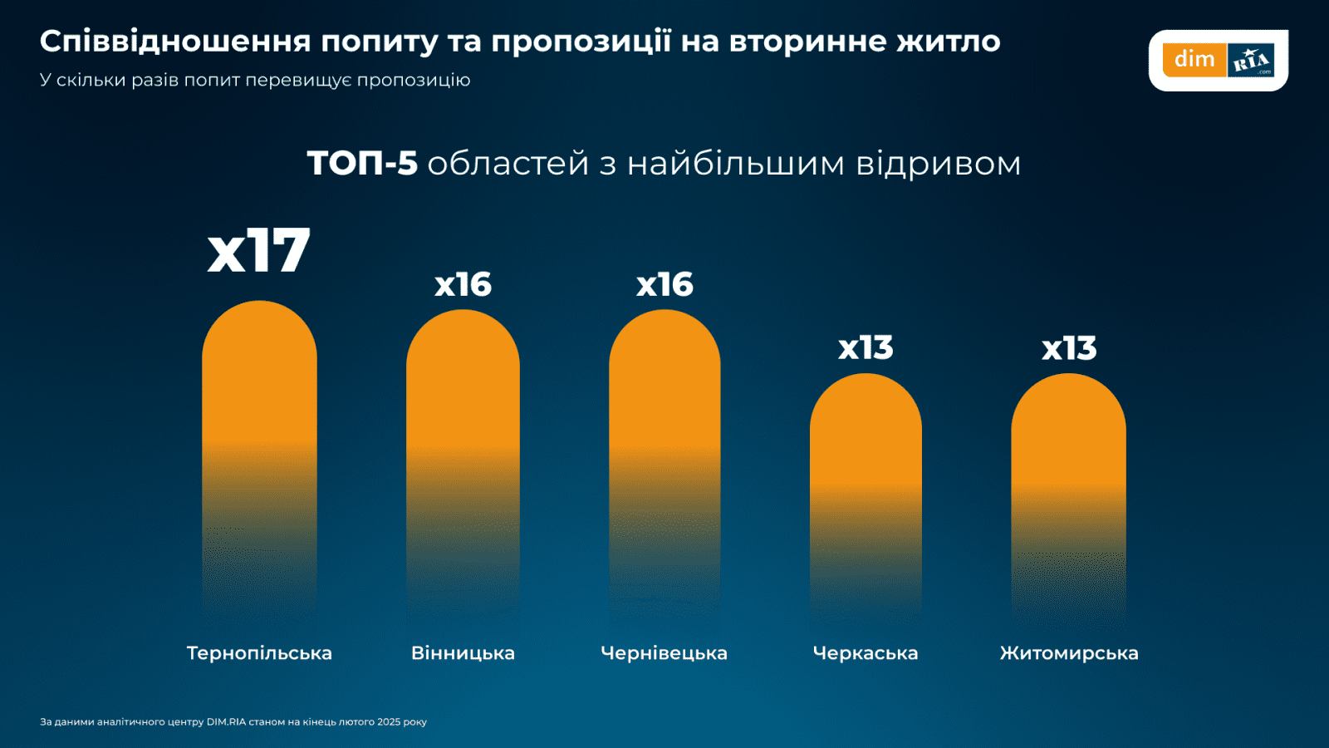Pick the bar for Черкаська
(866, 449)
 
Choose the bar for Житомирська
(1068, 449)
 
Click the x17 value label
(258, 251)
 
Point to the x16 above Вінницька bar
(463, 285)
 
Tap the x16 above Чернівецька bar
(664, 285)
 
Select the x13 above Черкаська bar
(866, 348)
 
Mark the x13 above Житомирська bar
(1069, 349)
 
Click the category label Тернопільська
(259, 653)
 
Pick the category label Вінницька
(463, 653)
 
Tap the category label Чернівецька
(664, 653)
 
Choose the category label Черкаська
(866, 653)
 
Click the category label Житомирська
(1069, 653)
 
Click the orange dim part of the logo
(1194, 60)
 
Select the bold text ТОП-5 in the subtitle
(362, 163)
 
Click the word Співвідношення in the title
(175, 42)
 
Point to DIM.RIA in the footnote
(226, 721)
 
